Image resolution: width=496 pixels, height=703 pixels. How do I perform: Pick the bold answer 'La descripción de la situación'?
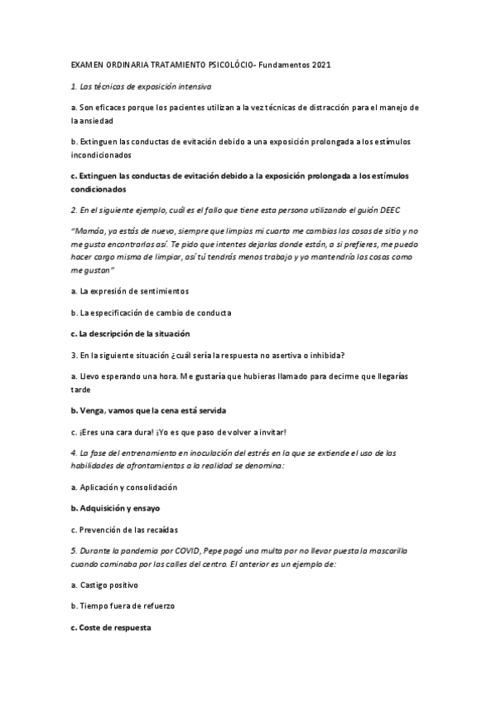[130, 333]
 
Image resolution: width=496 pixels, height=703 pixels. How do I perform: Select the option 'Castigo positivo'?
[107, 584]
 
